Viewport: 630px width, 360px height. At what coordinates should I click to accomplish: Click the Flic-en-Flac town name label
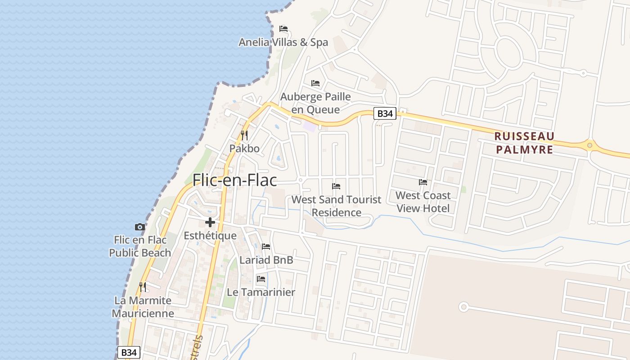[234, 180]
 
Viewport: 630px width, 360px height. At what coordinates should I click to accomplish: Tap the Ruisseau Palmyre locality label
[524, 143]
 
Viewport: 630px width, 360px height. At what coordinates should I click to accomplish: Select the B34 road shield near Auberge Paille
[385, 113]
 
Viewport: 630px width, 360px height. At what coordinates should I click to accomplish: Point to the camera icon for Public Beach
[140, 227]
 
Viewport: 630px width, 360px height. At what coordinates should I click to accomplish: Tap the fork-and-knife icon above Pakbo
[244, 135]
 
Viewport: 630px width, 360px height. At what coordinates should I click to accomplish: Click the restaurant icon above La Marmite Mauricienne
[143, 287]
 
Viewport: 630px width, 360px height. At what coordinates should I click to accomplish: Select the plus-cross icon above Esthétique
[210, 222]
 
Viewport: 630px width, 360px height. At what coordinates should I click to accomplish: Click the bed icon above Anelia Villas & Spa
[283, 29]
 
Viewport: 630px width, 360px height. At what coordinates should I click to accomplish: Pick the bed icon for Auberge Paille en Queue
[315, 83]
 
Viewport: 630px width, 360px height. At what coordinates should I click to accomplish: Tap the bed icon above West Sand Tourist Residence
[336, 186]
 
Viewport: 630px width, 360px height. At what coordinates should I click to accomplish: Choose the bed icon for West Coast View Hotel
[423, 182]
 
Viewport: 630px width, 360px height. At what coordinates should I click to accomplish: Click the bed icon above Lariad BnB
[266, 247]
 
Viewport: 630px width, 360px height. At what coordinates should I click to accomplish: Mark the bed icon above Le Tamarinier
[261, 279]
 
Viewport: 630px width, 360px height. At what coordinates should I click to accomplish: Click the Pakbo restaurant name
[244, 148]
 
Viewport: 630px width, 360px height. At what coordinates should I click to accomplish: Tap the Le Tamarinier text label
[261, 292]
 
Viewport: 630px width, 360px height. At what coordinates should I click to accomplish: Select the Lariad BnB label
[266, 260]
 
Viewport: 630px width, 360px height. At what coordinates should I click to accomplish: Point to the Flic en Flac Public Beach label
[140, 246]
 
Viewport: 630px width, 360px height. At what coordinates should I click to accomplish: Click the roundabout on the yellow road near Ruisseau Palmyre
[589, 145]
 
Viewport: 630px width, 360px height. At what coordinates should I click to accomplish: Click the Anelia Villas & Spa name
[283, 42]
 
